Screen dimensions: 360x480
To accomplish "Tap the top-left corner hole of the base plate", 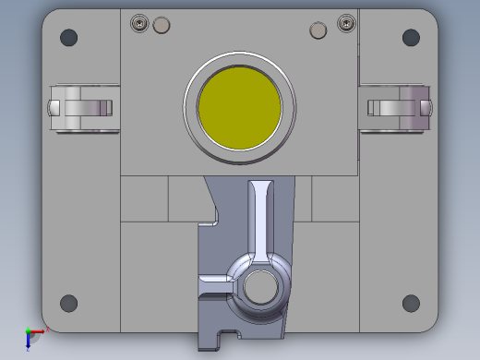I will (x=68, y=38).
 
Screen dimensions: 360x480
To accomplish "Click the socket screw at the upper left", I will (x=140, y=23).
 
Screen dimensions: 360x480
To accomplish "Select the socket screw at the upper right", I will (x=346, y=22).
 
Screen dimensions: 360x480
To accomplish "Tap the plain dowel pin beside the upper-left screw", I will (x=161, y=24).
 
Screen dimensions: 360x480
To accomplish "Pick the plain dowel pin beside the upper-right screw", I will (x=318, y=30).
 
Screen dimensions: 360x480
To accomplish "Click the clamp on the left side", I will (x=80, y=107).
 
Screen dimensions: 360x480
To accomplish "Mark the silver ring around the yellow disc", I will (x=240, y=70).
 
